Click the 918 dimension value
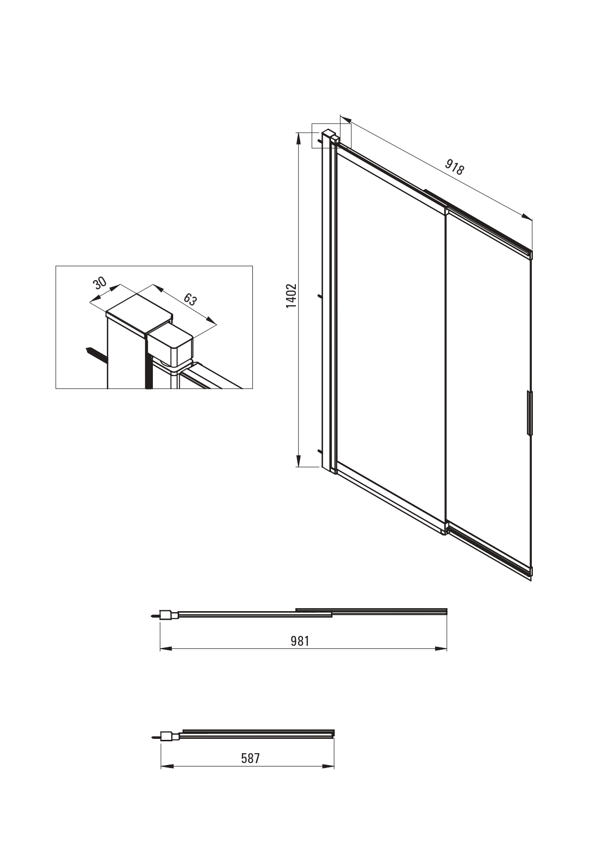click(x=454, y=167)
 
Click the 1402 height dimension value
click(x=291, y=295)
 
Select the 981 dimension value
click(x=300, y=641)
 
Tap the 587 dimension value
click(x=250, y=758)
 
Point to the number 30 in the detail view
click(x=100, y=284)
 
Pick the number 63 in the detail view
click(x=190, y=299)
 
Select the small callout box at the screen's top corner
click(x=331, y=135)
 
